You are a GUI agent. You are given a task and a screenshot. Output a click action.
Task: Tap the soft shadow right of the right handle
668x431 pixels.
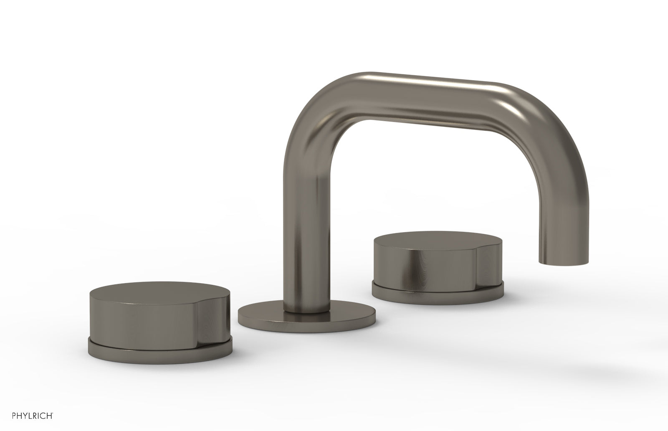tap(543, 301)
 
